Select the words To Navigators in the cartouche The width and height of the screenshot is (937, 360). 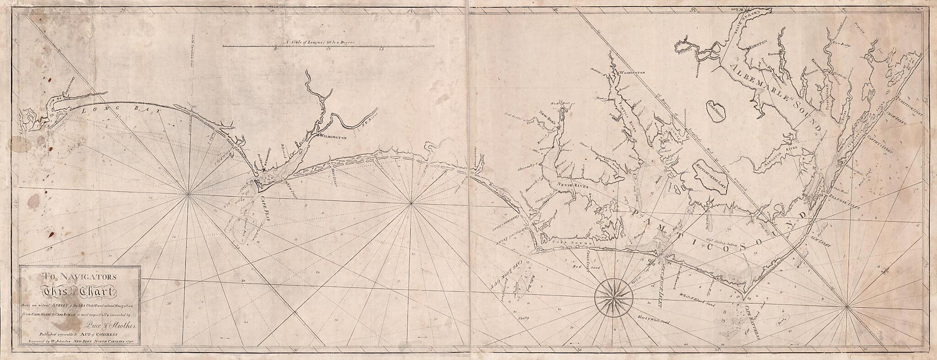tap(79, 276)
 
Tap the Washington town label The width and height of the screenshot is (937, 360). tap(632, 73)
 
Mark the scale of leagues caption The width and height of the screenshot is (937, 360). tap(319, 42)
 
